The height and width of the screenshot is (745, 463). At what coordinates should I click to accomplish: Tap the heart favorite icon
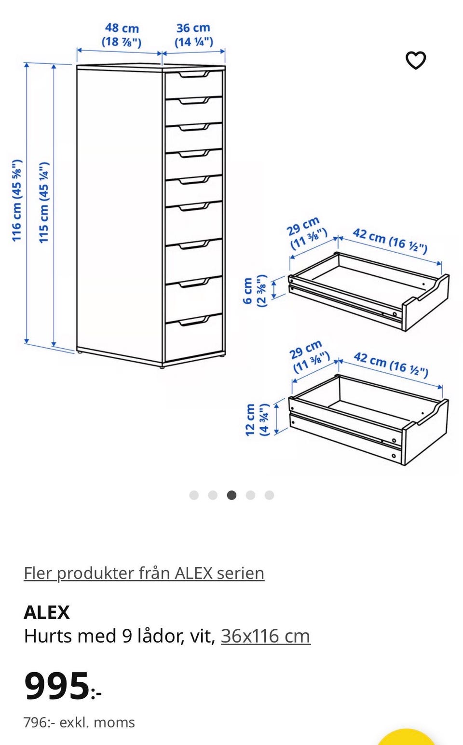[415, 60]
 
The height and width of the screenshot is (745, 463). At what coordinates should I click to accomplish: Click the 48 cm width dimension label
[122, 35]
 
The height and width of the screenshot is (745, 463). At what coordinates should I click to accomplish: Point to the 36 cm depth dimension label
[193, 35]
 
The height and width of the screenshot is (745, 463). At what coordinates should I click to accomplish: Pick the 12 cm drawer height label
[257, 420]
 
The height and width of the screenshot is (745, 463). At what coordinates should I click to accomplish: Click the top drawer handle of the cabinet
[194, 74]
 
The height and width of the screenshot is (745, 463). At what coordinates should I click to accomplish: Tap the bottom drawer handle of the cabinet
[194, 321]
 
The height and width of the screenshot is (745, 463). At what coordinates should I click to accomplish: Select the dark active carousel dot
[231, 495]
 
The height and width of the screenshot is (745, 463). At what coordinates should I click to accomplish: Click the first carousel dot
[194, 495]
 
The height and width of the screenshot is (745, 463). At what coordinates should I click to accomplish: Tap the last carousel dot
[269, 495]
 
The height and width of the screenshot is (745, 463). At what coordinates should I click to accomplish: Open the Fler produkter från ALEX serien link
[144, 573]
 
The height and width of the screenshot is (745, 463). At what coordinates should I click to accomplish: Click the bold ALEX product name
[47, 612]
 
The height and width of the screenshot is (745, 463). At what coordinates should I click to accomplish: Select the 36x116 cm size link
[266, 636]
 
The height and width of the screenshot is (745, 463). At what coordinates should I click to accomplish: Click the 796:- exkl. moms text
[79, 723]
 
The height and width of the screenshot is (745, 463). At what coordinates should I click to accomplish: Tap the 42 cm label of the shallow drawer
[390, 241]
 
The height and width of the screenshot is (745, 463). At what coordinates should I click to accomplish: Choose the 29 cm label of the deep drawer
[310, 356]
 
